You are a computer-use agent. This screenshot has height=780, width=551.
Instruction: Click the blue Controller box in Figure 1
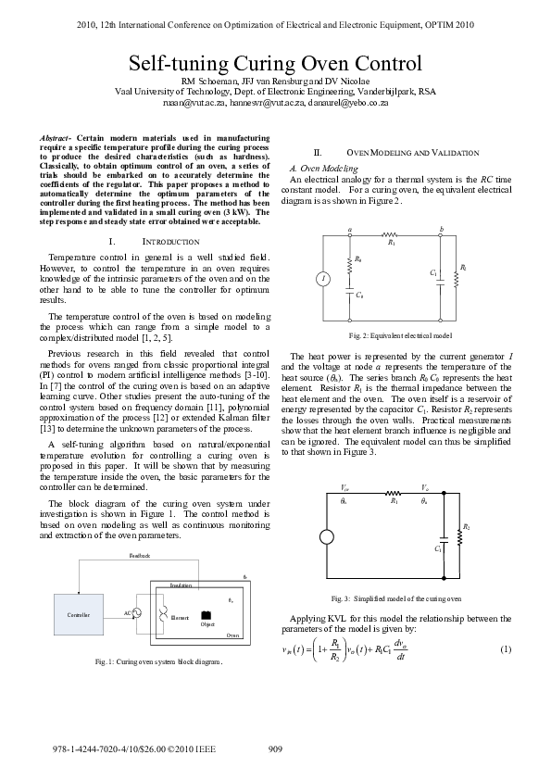tap(79, 614)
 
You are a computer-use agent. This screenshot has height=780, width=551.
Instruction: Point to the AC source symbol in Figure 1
tap(136, 612)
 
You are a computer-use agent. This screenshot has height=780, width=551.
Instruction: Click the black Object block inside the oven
tap(206, 616)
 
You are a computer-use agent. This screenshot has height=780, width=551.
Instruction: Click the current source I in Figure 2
tap(321, 278)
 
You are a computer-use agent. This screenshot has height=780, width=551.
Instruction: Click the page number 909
tap(275, 749)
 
